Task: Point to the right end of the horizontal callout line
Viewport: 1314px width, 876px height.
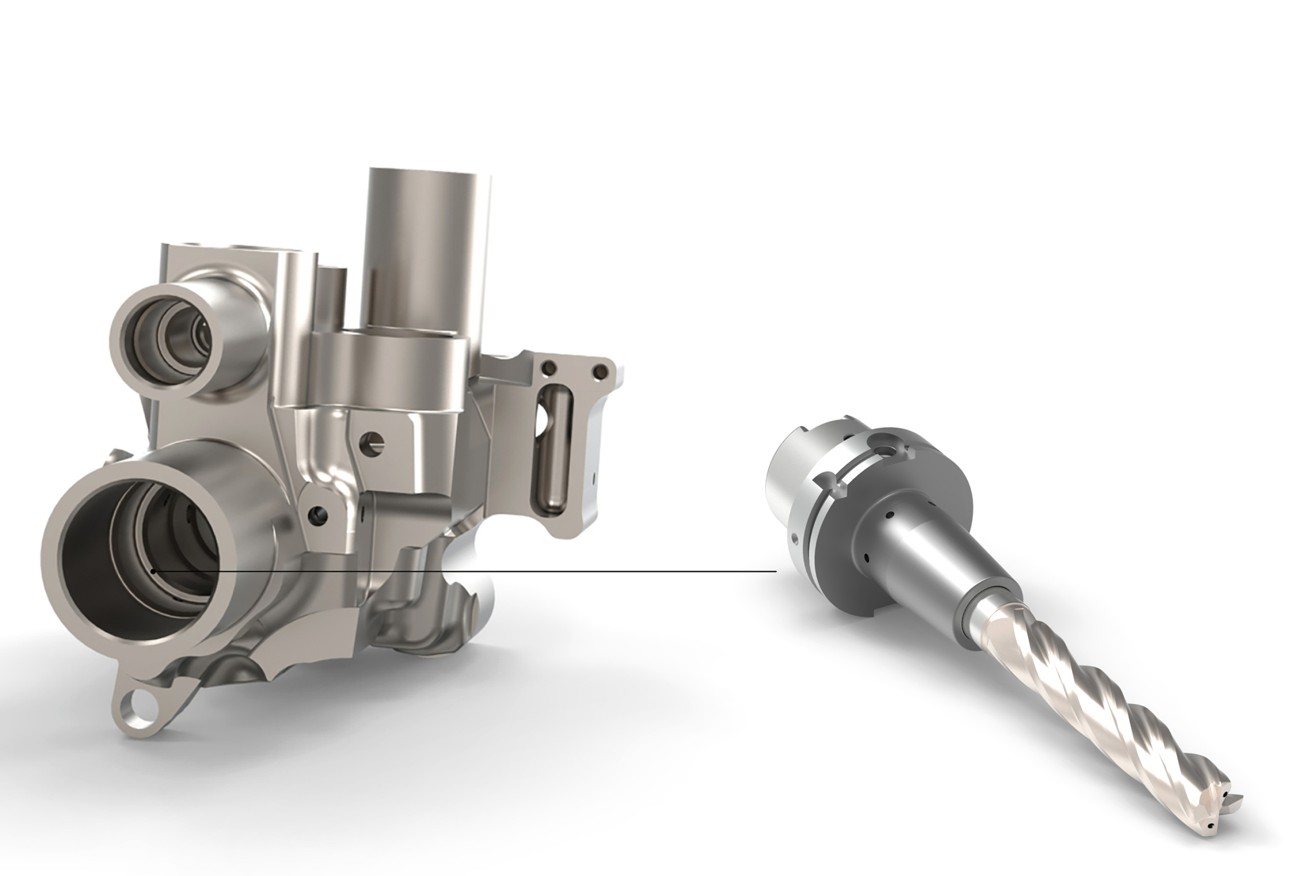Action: click(776, 571)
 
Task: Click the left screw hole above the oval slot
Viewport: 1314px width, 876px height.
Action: click(549, 368)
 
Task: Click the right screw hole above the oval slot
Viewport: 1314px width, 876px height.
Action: click(601, 370)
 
